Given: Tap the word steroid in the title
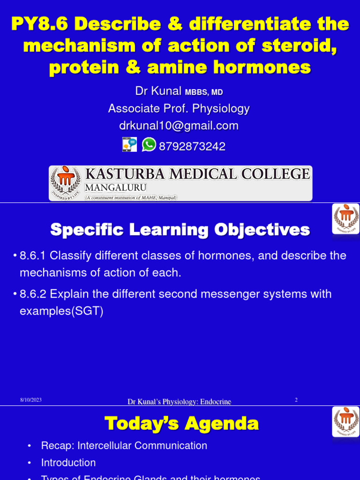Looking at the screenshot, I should [x=305, y=46].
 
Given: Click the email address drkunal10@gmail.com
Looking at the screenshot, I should [x=179, y=126].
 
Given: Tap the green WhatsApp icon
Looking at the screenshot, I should [x=149, y=145].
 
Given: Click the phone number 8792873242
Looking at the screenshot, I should [x=192, y=147].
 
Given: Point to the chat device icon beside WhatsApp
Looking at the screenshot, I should [x=129, y=145].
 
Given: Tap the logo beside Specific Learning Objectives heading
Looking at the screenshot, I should [x=346, y=218].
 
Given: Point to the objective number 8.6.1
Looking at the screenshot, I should [x=33, y=256].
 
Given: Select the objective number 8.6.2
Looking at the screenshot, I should [x=33, y=294].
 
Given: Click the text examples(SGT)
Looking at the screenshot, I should [x=61, y=311].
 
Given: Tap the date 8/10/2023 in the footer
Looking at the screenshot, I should [x=31, y=400].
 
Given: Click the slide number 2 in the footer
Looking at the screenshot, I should [x=296, y=400].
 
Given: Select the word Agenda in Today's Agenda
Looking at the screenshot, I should [x=222, y=423].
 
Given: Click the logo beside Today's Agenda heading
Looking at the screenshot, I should [x=346, y=421].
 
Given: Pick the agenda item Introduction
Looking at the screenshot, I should [x=68, y=463].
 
